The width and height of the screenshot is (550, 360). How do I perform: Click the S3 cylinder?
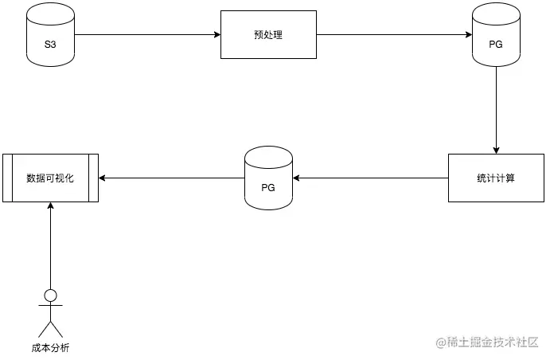point(49,35)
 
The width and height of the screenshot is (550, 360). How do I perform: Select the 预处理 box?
point(268,35)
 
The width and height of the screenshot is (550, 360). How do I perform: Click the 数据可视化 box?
point(50,178)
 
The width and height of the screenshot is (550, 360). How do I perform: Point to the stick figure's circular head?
point(50,295)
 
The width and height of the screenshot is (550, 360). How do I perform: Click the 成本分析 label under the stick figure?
point(50,347)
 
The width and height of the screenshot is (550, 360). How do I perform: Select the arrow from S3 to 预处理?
point(147,35)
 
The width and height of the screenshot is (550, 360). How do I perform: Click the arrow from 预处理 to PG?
point(394,35)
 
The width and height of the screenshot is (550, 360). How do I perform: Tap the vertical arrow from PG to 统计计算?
point(496,112)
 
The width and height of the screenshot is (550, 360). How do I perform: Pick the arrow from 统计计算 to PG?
point(370,178)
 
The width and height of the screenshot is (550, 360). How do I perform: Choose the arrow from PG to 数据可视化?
point(171,178)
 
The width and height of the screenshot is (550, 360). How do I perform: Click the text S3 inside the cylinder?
point(49,39)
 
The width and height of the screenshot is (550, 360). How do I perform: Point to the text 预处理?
point(268,35)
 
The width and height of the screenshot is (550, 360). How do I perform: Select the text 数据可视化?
point(50,178)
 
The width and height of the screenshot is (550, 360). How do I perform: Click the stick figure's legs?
point(50,330)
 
